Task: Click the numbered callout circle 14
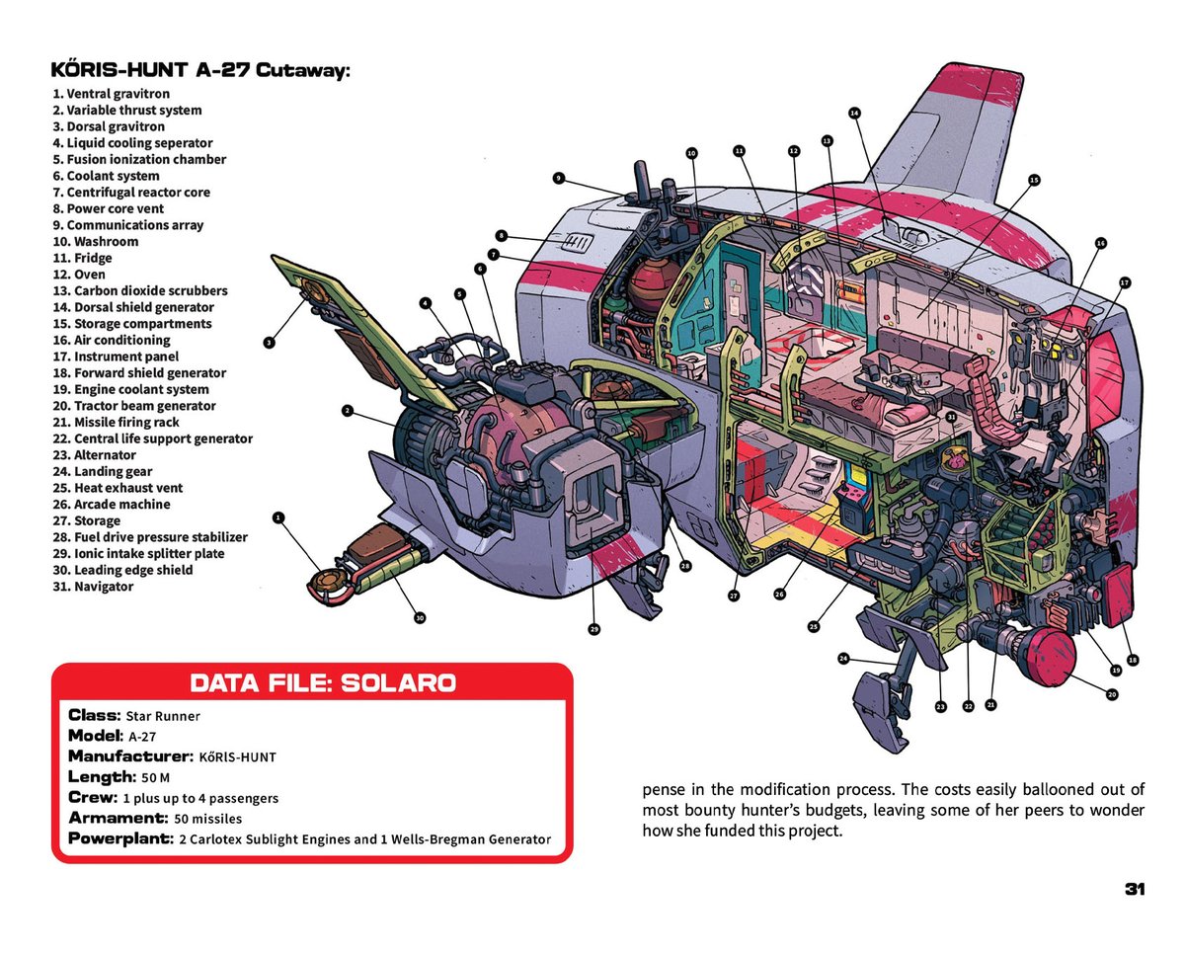pyautogui.click(x=854, y=113)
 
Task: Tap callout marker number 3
pyautogui.click(x=269, y=343)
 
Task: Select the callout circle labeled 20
pyautogui.click(x=1112, y=694)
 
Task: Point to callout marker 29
pyautogui.click(x=594, y=629)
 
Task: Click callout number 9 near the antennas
pyautogui.click(x=558, y=179)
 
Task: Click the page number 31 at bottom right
pyautogui.click(x=1134, y=889)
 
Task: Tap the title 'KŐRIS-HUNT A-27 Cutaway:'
pyautogui.click(x=200, y=71)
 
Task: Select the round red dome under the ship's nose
pyautogui.click(x=1049, y=653)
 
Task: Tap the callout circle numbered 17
pyautogui.click(x=1125, y=282)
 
